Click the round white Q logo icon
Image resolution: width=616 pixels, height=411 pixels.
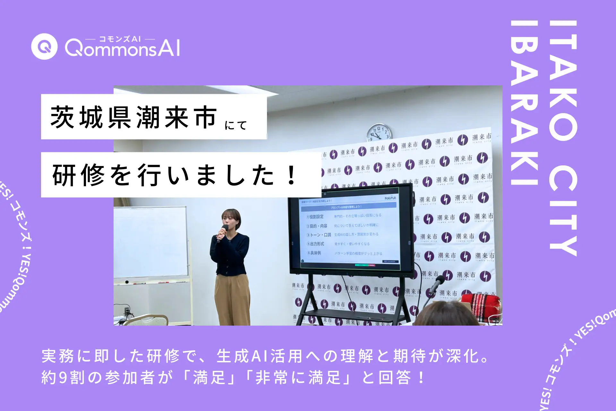click(44, 47)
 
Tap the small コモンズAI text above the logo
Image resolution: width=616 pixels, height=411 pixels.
click(120, 39)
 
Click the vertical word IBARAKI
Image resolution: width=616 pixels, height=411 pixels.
click(524, 103)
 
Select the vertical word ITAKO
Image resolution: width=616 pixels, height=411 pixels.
click(563, 80)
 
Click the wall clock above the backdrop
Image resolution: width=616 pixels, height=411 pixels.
click(380, 133)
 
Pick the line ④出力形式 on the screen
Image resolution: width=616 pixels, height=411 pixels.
click(315, 244)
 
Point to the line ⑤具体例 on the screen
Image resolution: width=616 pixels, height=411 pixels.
click(314, 253)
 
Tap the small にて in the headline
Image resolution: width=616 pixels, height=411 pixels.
click(236, 125)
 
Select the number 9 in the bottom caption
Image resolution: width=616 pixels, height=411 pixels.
click(63, 377)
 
